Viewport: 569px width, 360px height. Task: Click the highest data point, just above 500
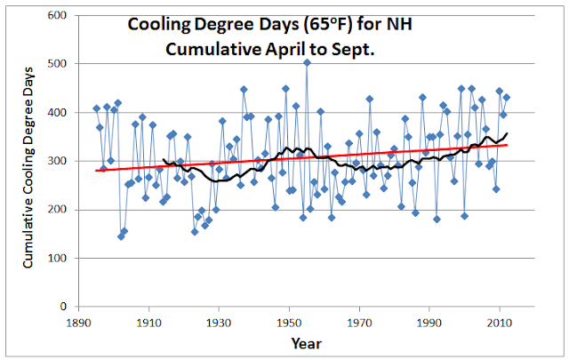click(307, 62)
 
